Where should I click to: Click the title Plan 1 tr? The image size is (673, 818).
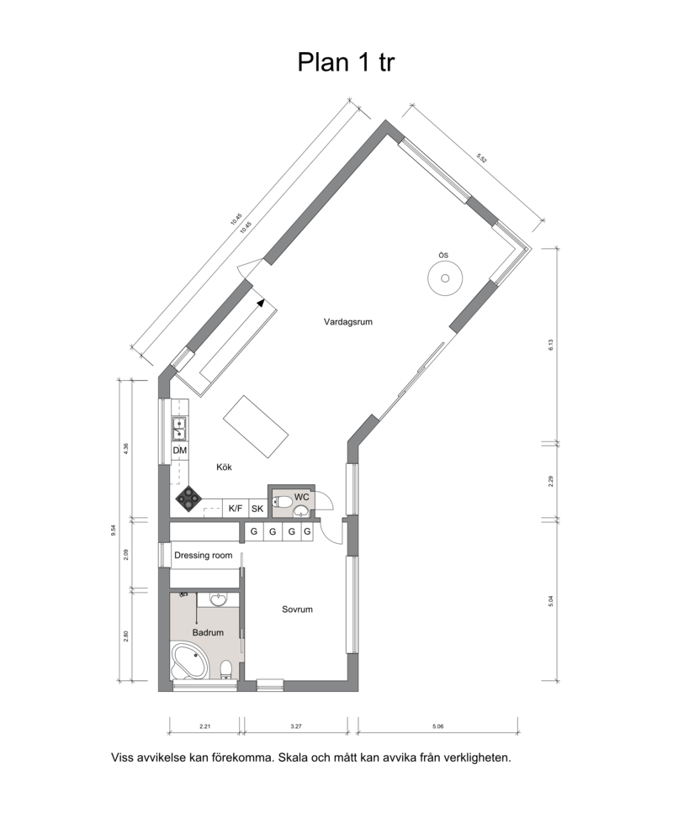(x=346, y=62)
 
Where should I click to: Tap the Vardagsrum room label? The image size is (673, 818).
(x=347, y=322)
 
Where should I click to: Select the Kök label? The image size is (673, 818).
(x=224, y=467)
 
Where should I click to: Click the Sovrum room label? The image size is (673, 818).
(x=297, y=609)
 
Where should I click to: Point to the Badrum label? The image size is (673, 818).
(x=208, y=632)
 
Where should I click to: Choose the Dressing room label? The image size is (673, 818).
(x=203, y=555)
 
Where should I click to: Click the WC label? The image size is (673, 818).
(x=301, y=497)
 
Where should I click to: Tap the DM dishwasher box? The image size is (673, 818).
(x=179, y=451)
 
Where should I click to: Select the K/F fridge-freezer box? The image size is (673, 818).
(x=236, y=508)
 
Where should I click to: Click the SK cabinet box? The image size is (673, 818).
(x=257, y=508)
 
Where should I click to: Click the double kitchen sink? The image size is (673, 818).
(x=178, y=428)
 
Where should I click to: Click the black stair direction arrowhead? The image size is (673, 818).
(x=261, y=302)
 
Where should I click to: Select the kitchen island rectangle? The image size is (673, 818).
(x=256, y=426)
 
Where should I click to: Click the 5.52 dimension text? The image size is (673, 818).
(x=481, y=158)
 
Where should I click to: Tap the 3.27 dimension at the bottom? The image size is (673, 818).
(x=296, y=726)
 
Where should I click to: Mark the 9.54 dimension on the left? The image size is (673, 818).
(x=113, y=530)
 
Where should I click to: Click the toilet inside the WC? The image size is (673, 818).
(x=282, y=502)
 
